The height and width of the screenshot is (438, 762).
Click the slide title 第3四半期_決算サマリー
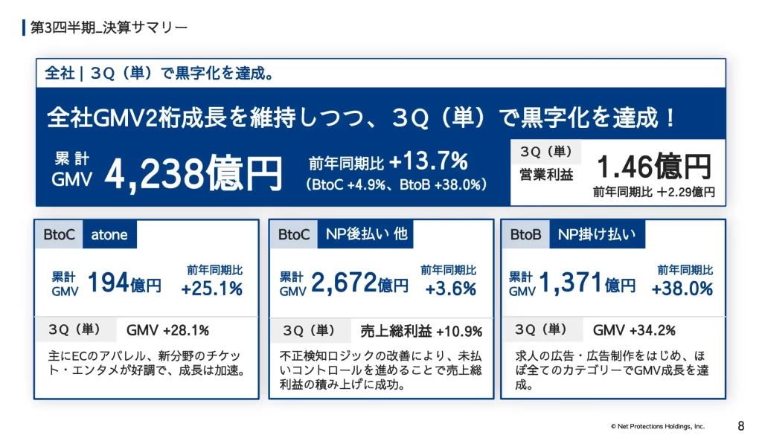(x=109, y=28)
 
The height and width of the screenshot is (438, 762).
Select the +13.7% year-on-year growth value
(x=428, y=161)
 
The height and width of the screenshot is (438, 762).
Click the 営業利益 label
(x=546, y=175)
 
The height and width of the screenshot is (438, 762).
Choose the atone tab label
(x=109, y=235)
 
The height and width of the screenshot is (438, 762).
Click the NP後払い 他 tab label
(x=366, y=234)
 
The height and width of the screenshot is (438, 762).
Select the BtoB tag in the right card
(x=526, y=235)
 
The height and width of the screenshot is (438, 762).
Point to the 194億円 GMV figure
(x=124, y=283)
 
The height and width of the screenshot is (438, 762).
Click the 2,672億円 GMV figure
(x=360, y=283)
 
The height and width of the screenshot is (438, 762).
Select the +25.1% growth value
(x=212, y=289)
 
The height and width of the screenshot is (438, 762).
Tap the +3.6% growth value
(x=451, y=289)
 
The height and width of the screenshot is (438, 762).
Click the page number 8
(x=740, y=426)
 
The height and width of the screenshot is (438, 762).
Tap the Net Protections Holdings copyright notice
(x=657, y=426)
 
